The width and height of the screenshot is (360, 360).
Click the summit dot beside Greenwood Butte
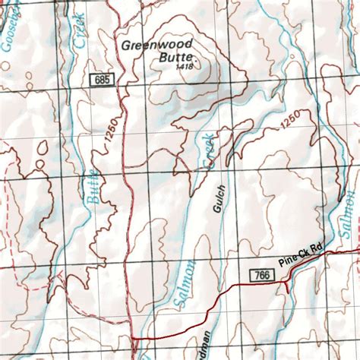196,58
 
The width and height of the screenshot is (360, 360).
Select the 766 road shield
260,274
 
